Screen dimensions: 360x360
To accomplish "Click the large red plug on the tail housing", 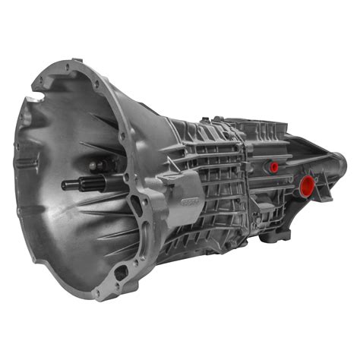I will (x=307, y=185).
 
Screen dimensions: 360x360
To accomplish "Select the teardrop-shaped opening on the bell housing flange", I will (x=136, y=204).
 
